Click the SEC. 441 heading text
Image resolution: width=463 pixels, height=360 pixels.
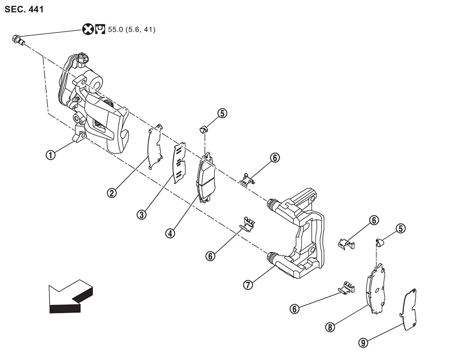point(24,10)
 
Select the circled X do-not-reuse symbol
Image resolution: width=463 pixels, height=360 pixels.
point(88,29)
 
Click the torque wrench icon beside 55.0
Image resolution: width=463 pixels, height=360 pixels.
point(100,29)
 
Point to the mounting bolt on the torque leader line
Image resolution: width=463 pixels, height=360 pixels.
point(18,40)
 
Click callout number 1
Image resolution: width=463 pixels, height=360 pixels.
point(50,155)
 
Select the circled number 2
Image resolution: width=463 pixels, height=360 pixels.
point(111,193)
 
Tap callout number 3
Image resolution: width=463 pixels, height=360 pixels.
point(142,214)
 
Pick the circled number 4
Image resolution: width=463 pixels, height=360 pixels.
point(170,234)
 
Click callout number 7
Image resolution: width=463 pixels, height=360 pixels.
point(248,285)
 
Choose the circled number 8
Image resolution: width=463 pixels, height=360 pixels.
point(330,327)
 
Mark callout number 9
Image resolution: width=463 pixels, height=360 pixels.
point(363,343)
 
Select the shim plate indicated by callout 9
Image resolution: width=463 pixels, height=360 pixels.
point(408,309)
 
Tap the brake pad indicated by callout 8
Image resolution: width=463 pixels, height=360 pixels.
point(375,289)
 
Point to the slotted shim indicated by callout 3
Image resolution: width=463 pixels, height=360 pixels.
point(179,163)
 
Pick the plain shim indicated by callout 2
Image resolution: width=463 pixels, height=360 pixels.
point(155,147)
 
